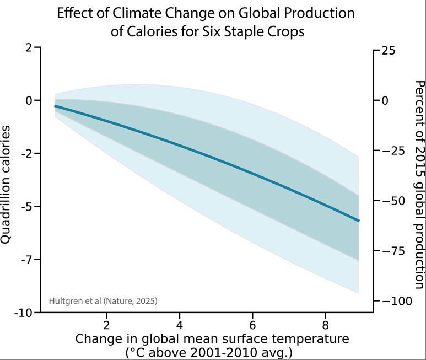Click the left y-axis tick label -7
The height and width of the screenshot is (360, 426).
point(26,260)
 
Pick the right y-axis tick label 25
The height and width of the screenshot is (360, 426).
point(388,50)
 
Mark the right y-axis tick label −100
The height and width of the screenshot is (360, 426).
point(395,301)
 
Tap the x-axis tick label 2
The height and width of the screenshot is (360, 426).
point(106,324)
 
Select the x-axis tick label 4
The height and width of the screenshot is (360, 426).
point(179,324)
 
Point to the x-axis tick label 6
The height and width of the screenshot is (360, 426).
point(252,324)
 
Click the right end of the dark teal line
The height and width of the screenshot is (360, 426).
point(358,221)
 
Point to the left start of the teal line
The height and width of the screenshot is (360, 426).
point(55,105)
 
